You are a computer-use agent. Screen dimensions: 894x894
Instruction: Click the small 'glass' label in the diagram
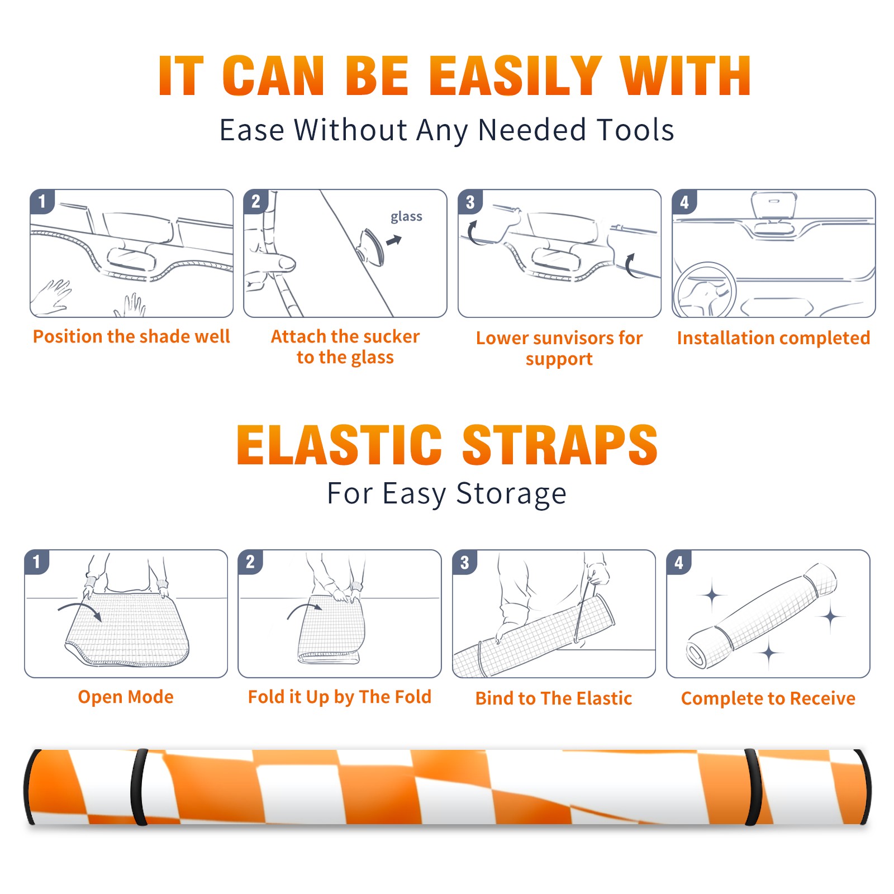pyautogui.click(x=406, y=217)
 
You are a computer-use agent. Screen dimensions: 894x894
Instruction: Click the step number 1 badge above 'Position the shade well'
pyautogui.click(x=42, y=201)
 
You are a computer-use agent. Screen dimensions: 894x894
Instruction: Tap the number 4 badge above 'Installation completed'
pyautogui.click(x=684, y=202)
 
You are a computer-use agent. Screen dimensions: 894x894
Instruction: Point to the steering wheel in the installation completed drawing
pyautogui.click(x=705, y=291)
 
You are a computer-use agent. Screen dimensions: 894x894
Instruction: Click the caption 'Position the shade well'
pyautogui.click(x=131, y=337)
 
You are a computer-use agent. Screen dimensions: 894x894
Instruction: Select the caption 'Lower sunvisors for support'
pyautogui.click(x=559, y=348)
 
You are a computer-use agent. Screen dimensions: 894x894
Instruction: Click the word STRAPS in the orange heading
pyautogui.click(x=560, y=445)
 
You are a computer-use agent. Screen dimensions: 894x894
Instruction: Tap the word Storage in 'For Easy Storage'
pyautogui.click(x=511, y=494)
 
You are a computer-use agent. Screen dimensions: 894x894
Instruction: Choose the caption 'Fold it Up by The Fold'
pyautogui.click(x=340, y=697)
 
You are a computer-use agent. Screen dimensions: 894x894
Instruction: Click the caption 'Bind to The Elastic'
pyautogui.click(x=554, y=698)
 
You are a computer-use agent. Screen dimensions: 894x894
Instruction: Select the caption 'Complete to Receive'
pyautogui.click(x=768, y=698)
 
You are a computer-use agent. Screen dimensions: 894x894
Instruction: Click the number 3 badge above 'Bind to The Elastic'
pyautogui.click(x=464, y=562)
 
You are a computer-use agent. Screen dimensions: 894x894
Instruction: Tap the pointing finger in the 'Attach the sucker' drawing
pyautogui.click(x=271, y=262)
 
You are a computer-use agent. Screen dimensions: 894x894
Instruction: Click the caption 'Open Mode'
pyautogui.click(x=126, y=697)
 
